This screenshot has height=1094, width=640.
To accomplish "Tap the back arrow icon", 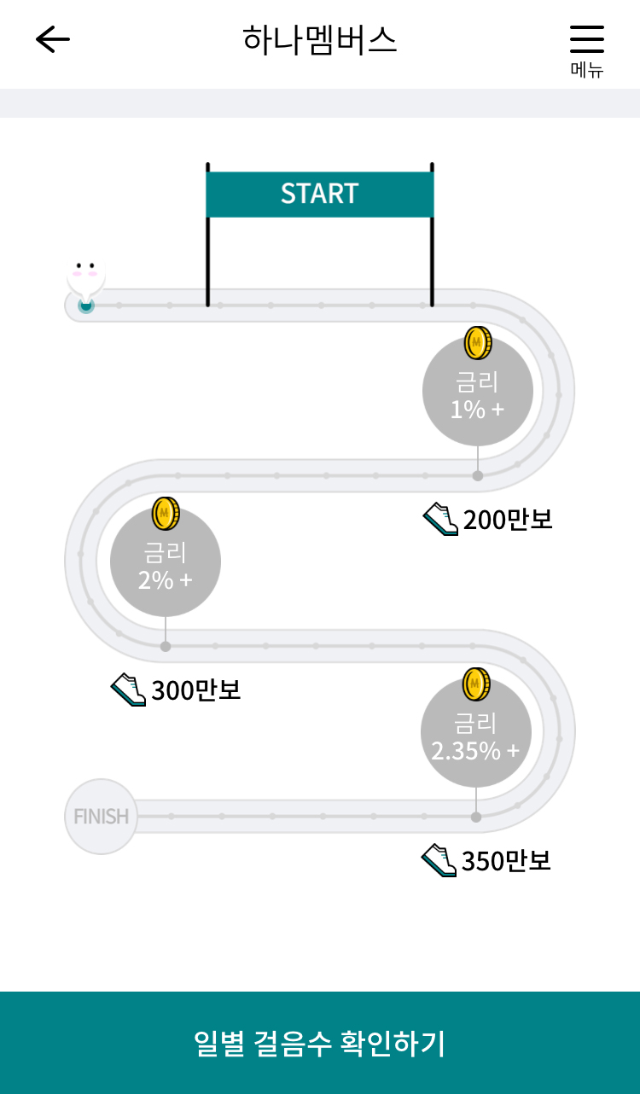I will tap(52, 39).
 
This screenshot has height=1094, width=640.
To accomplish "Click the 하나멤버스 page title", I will tap(320, 39).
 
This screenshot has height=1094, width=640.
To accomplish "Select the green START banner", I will tap(320, 194).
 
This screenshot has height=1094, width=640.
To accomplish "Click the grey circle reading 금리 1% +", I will tap(478, 393).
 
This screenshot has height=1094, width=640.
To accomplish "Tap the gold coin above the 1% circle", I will tap(478, 343).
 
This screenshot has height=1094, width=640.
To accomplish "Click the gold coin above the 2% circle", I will tap(166, 514).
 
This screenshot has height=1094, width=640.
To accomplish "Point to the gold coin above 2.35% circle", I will tap(476, 684).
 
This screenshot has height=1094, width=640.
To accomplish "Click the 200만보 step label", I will tap(508, 519).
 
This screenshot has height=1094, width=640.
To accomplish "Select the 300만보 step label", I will tap(196, 690).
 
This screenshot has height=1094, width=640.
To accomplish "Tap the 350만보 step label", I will tap(506, 861).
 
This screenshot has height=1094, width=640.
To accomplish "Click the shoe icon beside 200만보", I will tap(440, 519).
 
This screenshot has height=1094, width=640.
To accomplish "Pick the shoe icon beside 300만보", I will tap(129, 690).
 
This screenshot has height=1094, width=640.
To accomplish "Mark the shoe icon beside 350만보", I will tap(439, 860).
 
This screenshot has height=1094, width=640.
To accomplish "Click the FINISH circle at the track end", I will tap(101, 817).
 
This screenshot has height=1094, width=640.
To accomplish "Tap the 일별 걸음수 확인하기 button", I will tap(320, 1043).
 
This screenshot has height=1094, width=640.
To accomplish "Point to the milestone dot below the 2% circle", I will tap(166, 646).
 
